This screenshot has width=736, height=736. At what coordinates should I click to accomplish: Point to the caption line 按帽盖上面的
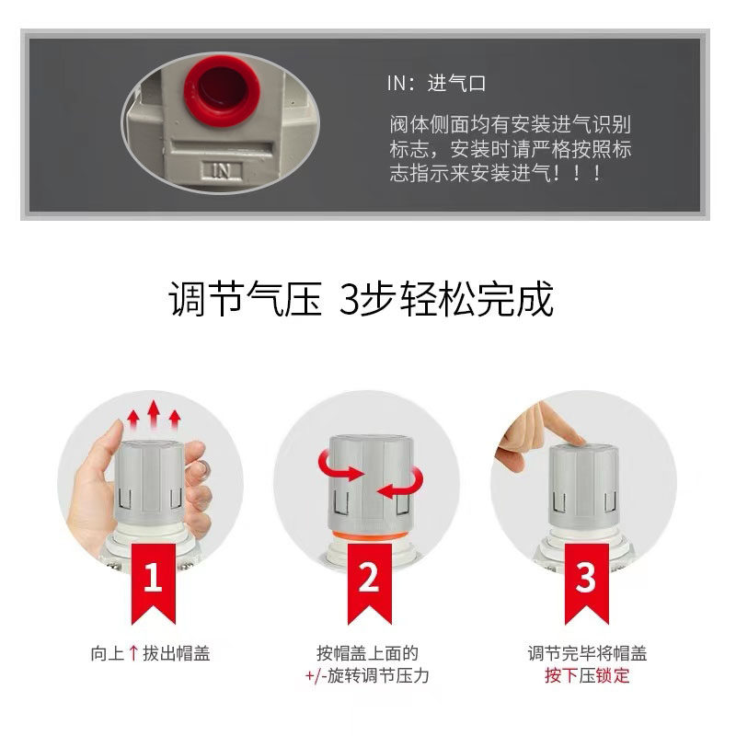coord(368,654)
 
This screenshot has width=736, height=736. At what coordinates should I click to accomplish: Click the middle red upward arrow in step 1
coord(154,414)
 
